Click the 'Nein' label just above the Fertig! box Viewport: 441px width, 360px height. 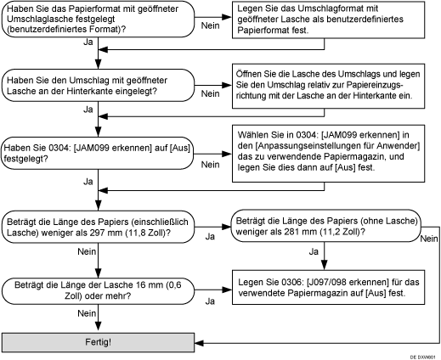pyautogui.click(x=87, y=313)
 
